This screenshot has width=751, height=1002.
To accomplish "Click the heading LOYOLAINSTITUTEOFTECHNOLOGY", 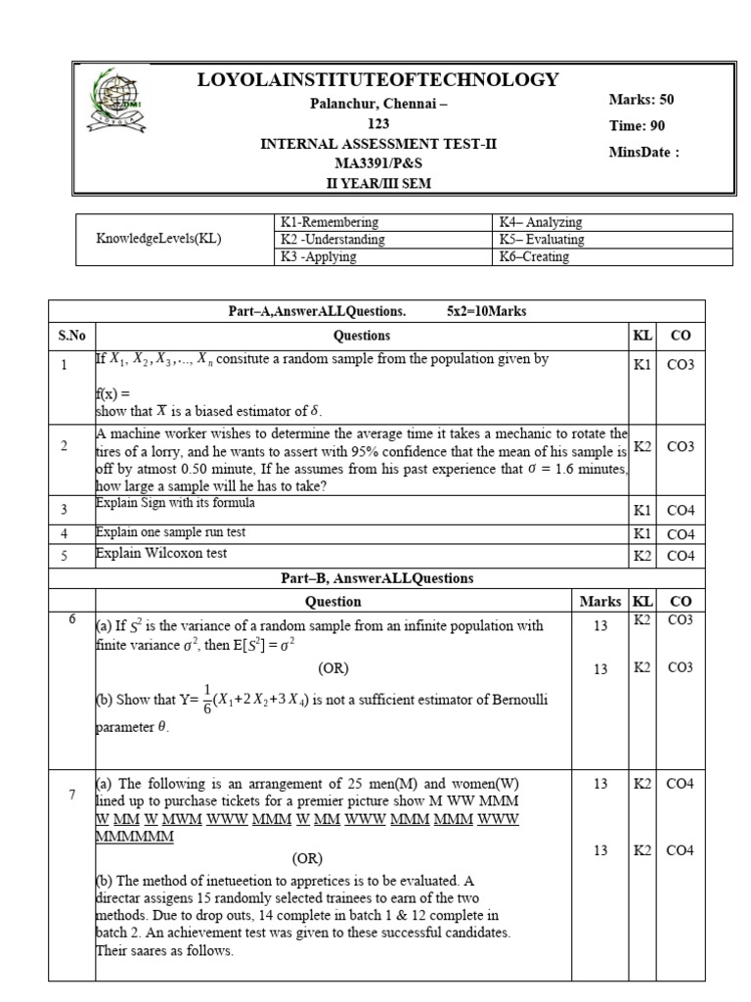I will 378,79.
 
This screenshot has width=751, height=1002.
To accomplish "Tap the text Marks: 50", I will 641,100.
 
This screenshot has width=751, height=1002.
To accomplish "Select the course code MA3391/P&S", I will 377,163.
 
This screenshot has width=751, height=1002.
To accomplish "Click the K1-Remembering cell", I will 330,223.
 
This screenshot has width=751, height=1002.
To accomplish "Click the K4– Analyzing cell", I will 540,223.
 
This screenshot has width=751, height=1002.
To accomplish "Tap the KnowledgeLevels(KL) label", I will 158,240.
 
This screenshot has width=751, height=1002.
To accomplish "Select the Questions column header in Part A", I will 362,336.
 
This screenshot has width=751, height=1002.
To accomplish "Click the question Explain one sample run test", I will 170,532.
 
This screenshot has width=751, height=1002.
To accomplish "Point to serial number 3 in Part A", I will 64,510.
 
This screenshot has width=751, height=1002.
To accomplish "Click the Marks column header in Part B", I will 600,602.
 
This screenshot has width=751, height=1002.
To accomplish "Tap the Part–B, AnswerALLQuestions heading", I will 376,578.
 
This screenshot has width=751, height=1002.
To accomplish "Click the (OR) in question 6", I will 332,668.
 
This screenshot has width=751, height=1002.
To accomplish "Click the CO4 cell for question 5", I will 681,556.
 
